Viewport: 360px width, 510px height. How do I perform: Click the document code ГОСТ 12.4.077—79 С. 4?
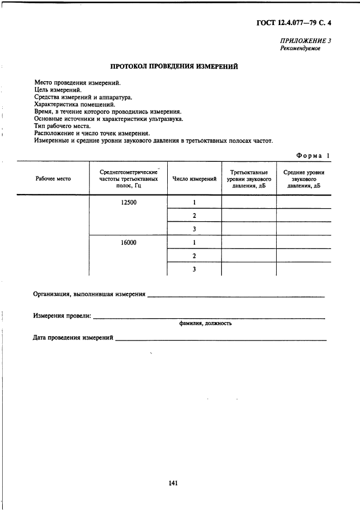294,23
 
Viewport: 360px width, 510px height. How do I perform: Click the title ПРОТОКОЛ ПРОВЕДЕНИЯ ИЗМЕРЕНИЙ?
174,67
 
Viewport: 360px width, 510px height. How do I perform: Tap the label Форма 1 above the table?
313,155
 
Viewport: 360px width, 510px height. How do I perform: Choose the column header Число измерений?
194,179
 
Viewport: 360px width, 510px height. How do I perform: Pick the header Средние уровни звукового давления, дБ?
304,179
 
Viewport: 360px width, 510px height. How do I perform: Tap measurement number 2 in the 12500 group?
194,215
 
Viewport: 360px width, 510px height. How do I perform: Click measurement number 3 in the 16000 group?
194,269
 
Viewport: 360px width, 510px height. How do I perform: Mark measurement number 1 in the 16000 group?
194,242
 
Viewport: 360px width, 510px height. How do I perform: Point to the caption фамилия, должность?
205,323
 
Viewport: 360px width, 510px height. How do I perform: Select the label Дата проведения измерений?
73,338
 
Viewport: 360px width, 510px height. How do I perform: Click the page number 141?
174,483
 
